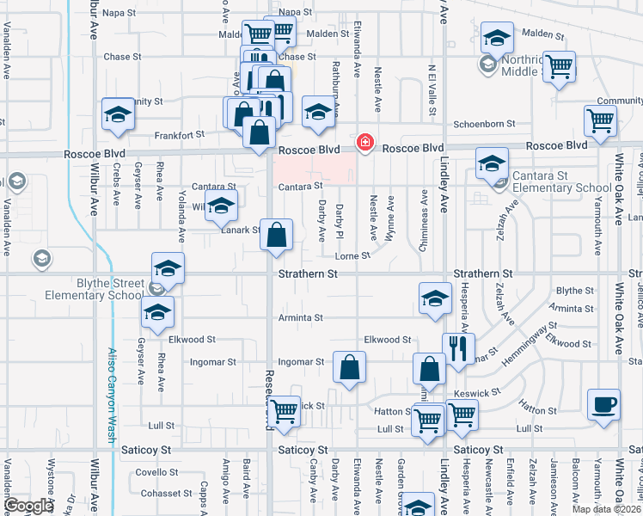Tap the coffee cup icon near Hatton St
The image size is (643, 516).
[x=603, y=404]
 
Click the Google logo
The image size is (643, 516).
[x=28, y=505]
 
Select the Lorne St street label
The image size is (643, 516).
[x=352, y=255]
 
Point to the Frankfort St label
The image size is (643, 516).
[x=180, y=134]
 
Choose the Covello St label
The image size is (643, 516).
[x=156, y=472]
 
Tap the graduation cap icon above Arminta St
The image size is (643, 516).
[x=435, y=298]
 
